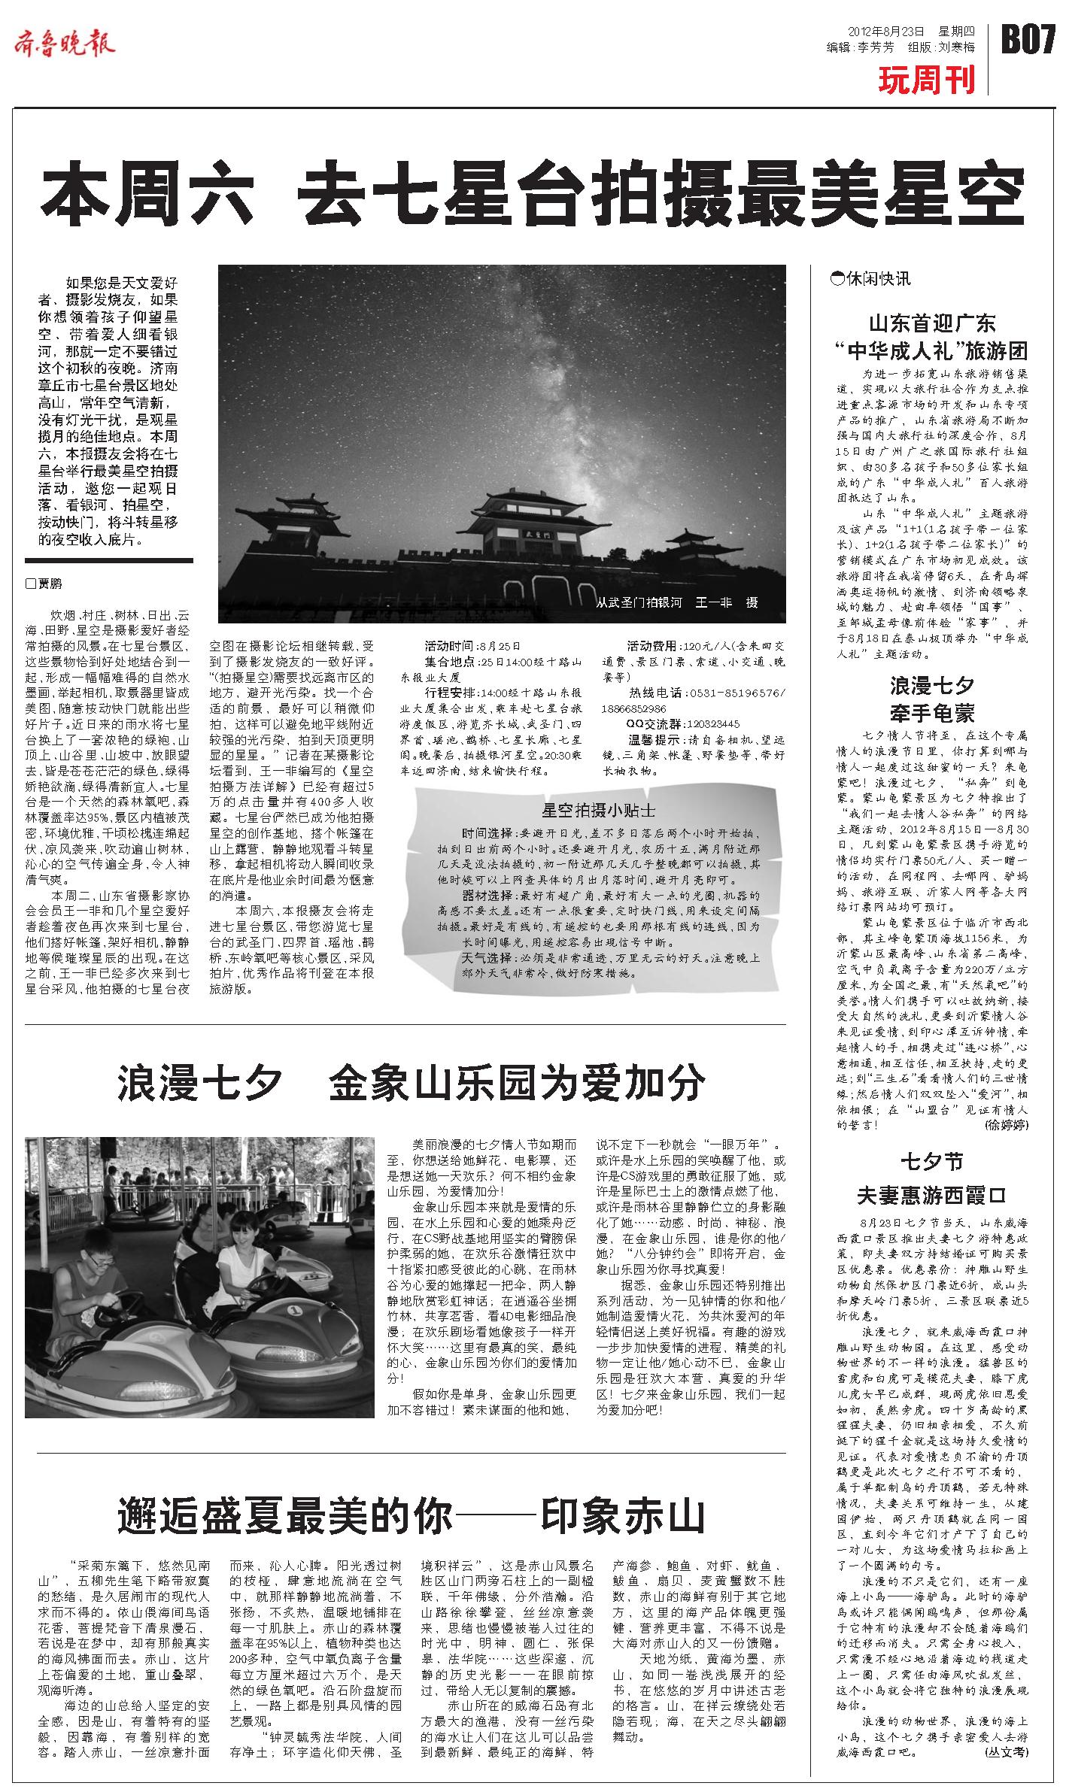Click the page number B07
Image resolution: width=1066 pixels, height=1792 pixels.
1028,38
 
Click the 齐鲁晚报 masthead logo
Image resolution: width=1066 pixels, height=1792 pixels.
65,44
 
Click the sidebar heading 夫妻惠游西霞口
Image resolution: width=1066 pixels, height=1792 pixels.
931,1195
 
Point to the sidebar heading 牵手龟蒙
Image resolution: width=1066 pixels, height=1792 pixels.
931,712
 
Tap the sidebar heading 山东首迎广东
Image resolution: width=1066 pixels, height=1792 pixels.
931,323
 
